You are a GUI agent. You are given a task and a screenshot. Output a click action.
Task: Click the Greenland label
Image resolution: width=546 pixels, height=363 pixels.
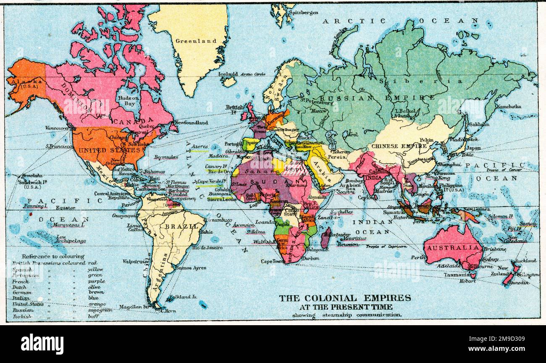pos(196,41)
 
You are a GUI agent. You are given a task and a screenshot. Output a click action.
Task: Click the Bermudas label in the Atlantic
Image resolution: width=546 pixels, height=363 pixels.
pos(166,157)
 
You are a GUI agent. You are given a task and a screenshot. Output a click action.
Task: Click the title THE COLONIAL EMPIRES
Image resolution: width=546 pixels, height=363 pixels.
pos(345,298)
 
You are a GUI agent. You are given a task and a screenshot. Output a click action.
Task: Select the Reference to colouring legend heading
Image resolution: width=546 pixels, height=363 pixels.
pos(53,256)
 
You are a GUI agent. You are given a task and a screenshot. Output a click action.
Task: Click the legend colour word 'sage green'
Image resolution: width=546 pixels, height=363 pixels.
pos(100,310)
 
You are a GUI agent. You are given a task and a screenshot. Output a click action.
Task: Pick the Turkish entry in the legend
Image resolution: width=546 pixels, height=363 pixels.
pos(22,316)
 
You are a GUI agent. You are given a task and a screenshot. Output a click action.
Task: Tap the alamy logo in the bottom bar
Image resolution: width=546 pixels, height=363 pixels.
pos(42,344)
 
